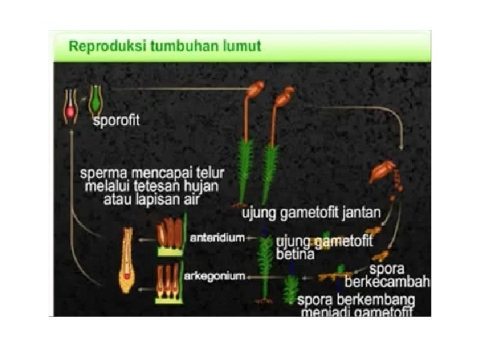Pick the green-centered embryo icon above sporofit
(x=97, y=100)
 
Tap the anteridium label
(x=216, y=237)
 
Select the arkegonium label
(x=214, y=275)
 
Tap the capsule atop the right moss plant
(x=283, y=98)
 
